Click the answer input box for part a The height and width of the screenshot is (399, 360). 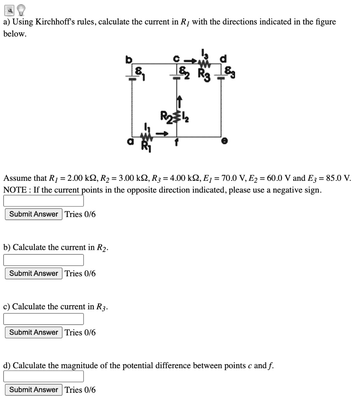coord(44,201)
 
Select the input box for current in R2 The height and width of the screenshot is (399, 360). coord(44,260)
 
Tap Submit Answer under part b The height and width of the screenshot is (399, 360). coord(33,273)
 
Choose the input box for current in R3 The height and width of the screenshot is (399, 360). coord(44,319)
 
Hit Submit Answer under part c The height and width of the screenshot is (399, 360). coord(33,332)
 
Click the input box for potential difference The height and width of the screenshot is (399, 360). coord(44,376)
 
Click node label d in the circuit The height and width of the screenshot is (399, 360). coord(223,59)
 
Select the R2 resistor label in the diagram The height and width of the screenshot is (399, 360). coord(165,116)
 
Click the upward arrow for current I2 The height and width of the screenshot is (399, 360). coord(180,102)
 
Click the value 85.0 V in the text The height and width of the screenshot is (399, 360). coord(339,178)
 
